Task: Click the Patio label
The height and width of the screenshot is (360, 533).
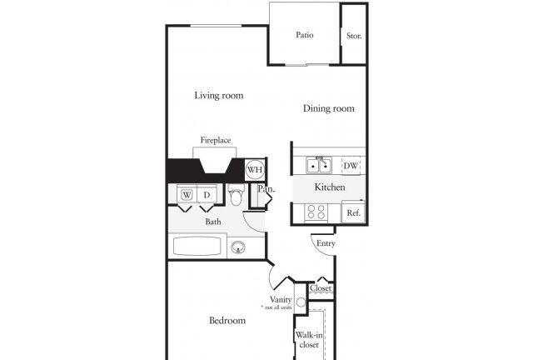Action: coord(305,35)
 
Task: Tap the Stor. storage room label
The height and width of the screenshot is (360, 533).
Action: coord(354,36)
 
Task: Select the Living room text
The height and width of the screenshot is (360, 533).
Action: coord(219,96)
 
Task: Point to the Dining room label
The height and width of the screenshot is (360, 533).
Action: coord(329,108)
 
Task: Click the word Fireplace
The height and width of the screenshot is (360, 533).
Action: coord(216,140)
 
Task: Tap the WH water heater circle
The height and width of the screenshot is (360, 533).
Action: coord(255,169)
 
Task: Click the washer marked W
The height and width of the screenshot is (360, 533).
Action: coord(187,194)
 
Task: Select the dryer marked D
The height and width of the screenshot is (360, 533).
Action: coord(207,194)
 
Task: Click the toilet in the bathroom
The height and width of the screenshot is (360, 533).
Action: coord(236,194)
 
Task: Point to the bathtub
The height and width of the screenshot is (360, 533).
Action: coord(197,246)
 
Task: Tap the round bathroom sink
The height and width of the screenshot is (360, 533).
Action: coord(238,247)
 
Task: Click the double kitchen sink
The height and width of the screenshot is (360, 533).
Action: coord(319,165)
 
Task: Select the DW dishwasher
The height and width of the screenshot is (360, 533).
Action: coord(351,166)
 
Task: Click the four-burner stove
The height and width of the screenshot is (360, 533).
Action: coord(316,212)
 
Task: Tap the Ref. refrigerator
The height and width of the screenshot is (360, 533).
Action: coord(353,212)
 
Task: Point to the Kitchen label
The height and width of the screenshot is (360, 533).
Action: coord(330,187)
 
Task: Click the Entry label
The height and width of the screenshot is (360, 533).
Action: coord(326,243)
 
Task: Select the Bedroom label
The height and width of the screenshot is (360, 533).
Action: coord(227,321)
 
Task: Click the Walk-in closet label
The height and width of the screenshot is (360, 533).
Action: coord(309,340)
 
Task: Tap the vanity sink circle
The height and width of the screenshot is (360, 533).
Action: coord(301,302)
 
